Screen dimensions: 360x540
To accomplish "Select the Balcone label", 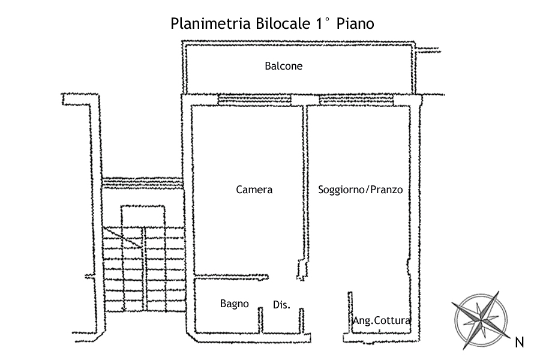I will coord(284,66).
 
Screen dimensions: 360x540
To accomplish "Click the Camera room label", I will coord(254,190).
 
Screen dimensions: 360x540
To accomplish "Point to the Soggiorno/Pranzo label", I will coord(360,190).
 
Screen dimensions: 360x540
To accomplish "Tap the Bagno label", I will coord(234,304).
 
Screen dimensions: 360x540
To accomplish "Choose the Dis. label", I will coord(281,305).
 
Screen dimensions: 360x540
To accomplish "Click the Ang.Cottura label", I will coord(382,320).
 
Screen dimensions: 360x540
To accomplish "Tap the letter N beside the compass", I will coord(520,343).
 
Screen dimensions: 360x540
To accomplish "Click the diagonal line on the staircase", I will coord(123,237).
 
